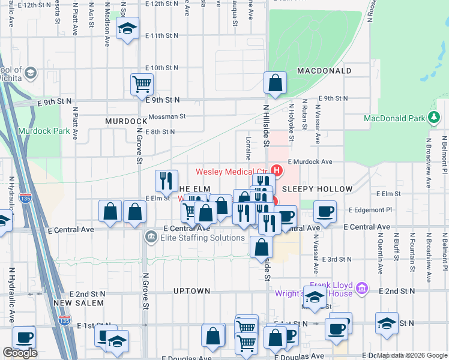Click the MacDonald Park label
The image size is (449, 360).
coord(394,118)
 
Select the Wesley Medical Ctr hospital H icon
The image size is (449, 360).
coord(277,170)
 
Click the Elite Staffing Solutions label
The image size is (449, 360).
coord(194,238)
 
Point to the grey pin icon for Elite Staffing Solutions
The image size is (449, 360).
coord(150,238)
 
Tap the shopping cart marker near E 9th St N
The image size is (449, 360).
coord(142,84)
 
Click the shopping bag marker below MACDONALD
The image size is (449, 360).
coord(275,84)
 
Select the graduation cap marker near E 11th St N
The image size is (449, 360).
coord(127,29)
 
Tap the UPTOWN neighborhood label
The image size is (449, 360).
coord(191,291)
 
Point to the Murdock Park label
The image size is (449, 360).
coord(40,131)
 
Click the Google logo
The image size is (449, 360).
coord(19,353)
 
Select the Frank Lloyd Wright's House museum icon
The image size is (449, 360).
coord(361,289)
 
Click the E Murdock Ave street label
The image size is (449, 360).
coord(310,162)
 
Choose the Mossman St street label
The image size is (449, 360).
coord(167,116)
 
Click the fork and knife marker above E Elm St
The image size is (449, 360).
coord(166,181)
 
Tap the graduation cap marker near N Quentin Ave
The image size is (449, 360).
coord(387,323)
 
